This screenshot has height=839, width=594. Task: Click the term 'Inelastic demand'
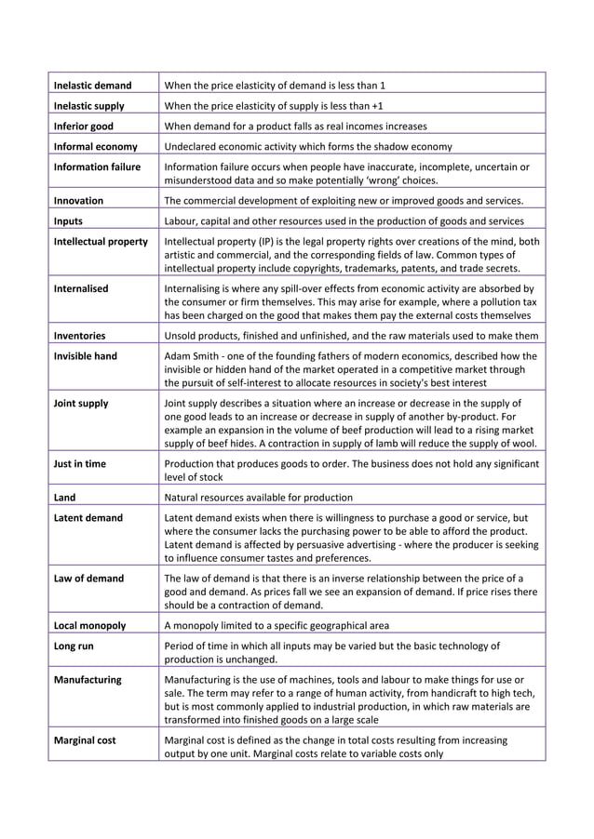(92, 86)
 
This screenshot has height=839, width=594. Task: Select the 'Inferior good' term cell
(85, 127)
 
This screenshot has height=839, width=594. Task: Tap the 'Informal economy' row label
(95, 147)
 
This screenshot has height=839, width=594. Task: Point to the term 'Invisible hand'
(87, 356)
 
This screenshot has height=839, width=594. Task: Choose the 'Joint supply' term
(81, 404)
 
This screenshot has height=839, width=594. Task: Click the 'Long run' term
(74, 646)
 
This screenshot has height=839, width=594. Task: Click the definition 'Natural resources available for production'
(258, 498)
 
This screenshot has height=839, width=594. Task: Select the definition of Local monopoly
(277, 626)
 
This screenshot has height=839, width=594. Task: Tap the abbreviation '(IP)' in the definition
(258, 242)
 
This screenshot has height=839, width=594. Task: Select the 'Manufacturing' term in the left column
(88, 680)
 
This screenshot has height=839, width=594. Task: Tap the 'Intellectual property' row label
(101, 242)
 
